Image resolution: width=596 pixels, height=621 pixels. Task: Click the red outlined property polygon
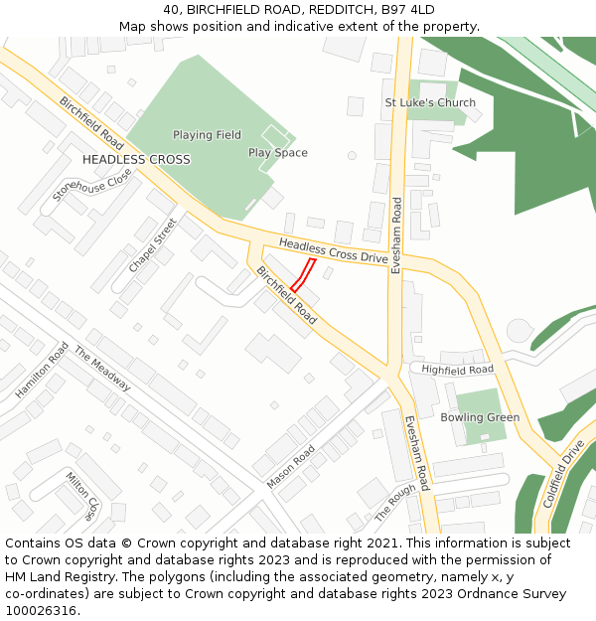pyautogui.click(x=304, y=274)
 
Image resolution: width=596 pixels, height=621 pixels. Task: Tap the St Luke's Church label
pyautogui.click(x=430, y=102)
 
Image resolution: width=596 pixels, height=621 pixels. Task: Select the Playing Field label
pyautogui.click(x=207, y=135)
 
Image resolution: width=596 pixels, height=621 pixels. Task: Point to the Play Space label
pyautogui.click(x=278, y=153)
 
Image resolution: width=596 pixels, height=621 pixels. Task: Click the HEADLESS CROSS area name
pyautogui.click(x=136, y=159)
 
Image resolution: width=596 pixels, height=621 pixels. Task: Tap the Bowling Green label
pyautogui.click(x=480, y=417)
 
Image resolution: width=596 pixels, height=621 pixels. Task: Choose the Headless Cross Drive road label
pyautogui.click(x=333, y=250)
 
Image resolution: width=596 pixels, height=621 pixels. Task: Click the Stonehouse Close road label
pyautogui.click(x=92, y=185)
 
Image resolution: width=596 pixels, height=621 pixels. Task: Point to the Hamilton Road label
pyautogui.click(x=42, y=371)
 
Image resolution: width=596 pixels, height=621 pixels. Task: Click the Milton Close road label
pyautogui.click(x=82, y=495)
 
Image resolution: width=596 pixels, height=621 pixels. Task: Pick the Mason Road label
pyautogui.click(x=290, y=466)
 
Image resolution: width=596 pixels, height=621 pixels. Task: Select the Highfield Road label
pyautogui.click(x=457, y=370)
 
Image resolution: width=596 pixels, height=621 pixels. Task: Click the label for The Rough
pyautogui.click(x=394, y=504)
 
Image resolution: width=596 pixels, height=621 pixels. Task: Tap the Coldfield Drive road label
pyautogui.click(x=563, y=474)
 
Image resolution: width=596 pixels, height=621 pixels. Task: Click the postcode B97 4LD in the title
pyautogui.click(x=407, y=9)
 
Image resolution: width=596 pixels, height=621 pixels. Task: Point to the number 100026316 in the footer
pyautogui.click(x=43, y=611)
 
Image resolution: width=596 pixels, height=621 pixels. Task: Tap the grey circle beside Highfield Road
pyautogui.click(x=520, y=331)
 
